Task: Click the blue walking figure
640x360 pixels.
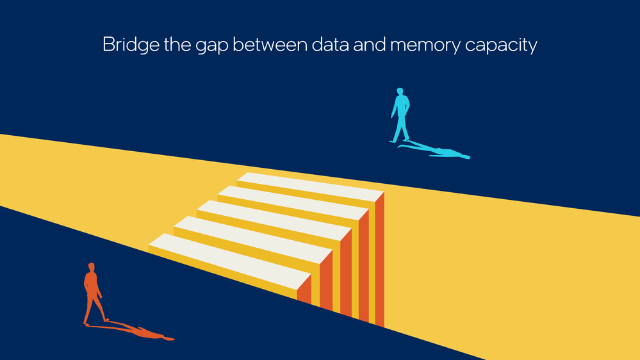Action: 401,115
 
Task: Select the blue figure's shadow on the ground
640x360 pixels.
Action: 436,151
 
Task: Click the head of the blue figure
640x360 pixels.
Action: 400,91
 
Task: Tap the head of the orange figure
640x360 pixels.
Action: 92,266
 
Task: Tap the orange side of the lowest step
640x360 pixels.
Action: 304,290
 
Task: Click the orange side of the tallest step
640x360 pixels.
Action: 379,259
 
